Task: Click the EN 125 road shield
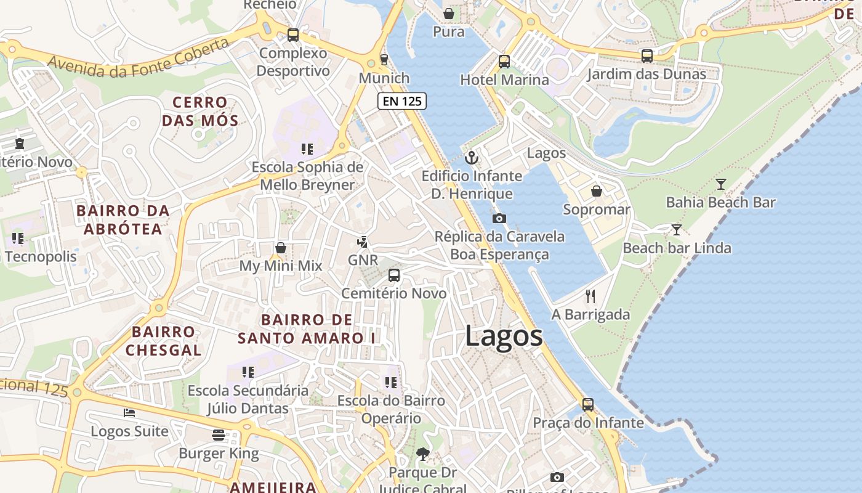coord(402,101)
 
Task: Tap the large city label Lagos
coord(504,336)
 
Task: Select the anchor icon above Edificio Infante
coord(471,158)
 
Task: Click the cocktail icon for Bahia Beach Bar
coord(720,184)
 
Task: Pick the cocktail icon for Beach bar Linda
coord(676,230)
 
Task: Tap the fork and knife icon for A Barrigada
coord(590,296)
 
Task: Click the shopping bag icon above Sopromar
coord(596,192)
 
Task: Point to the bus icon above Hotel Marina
coord(504,62)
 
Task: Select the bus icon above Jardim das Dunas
coord(647,56)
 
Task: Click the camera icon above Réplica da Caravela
coord(499,218)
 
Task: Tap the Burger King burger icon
coord(218,435)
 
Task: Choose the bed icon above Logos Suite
coord(129,412)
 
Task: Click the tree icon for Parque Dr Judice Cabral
coord(422,454)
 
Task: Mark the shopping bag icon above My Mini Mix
coord(281,248)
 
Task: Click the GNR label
coord(363,260)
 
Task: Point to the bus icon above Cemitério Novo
coord(394,275)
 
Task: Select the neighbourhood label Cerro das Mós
coord(199,111)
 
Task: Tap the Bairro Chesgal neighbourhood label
coord(163,341)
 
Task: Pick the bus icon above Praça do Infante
coord(588,405)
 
